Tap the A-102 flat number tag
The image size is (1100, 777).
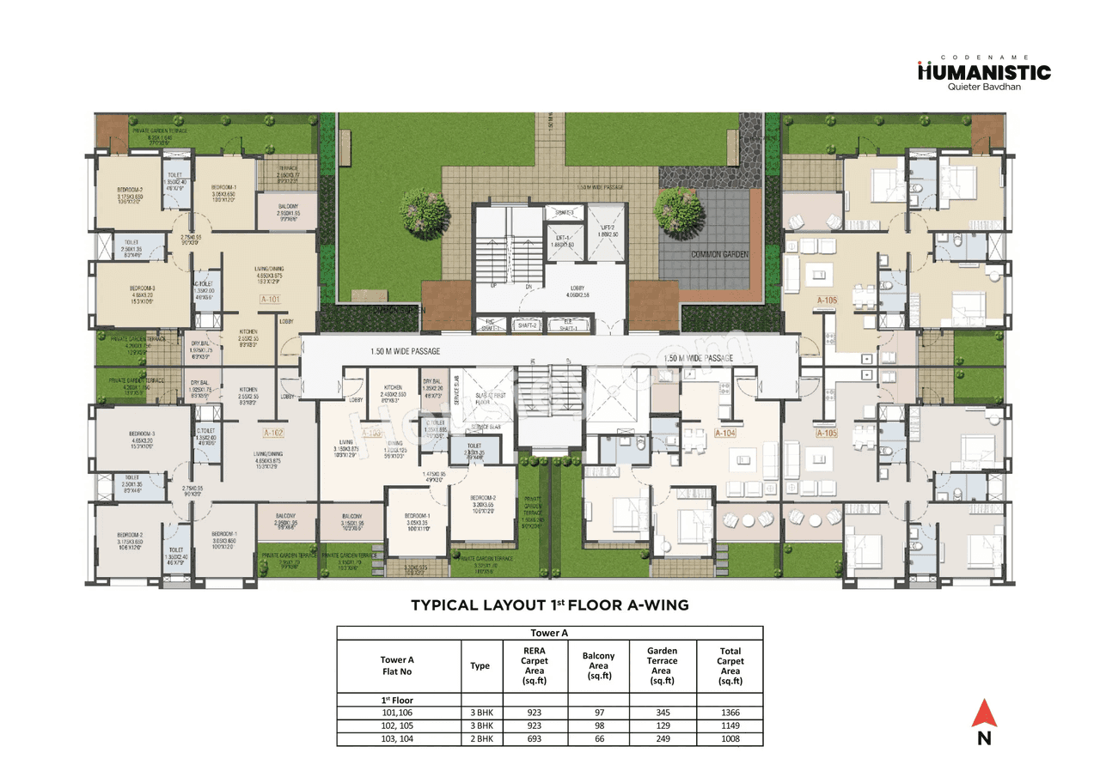[x=274, y=433]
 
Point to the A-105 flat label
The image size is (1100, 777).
[x=826, y=434]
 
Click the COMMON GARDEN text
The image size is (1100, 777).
[x=719, y=254]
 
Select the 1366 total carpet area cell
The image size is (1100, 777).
[x=730, y=713]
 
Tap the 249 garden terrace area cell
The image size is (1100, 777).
[x=663, y=738]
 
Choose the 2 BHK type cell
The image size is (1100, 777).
[x=480, y=738]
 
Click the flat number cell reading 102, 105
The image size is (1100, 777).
[x=398, y=725]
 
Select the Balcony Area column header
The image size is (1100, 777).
[x=598, y=665]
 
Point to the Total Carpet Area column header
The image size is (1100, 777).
[x=730, y=665]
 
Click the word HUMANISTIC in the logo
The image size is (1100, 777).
[x=984, y=72]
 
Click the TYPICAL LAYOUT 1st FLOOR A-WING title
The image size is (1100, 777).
[x=550, y=605]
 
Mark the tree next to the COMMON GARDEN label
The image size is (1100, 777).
[x=673, y=207]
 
